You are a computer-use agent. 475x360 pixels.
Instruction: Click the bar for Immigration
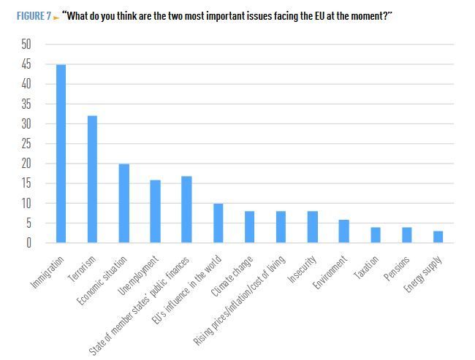pos(61,153)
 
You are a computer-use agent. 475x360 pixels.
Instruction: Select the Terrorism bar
pos(92,179)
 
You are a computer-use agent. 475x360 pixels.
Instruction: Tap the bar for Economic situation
pos(123,203)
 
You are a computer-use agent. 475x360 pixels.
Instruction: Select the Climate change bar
pos(249,226)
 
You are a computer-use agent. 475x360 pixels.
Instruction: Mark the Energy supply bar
pos(437,237)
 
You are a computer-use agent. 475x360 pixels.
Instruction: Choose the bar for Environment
pos(343,231)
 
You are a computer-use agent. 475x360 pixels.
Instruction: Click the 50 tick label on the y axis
pos(26,45)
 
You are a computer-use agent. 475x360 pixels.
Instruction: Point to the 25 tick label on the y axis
pos(26,144)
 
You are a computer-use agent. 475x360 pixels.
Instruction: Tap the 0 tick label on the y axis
pos(29,243)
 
